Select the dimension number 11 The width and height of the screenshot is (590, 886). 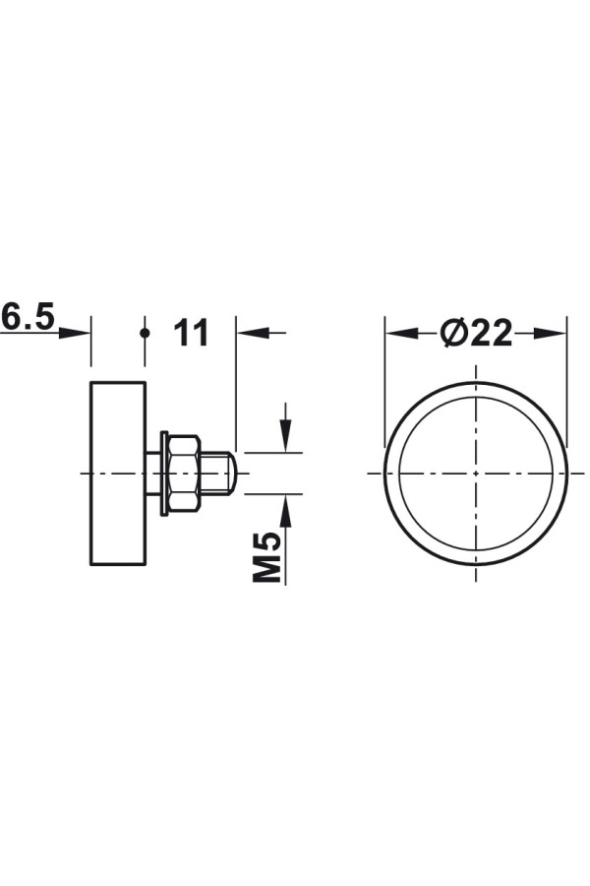click(x=191, y=333)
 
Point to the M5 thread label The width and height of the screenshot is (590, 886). click(x=266, y=556)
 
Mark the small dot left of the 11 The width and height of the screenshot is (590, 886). click(x=146, y=333)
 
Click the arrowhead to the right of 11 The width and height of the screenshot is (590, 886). click(x=253, y=333)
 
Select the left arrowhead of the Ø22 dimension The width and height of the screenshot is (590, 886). click(x=401, y=334)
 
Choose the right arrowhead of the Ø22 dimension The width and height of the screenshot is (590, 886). click(x=550, y=334)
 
